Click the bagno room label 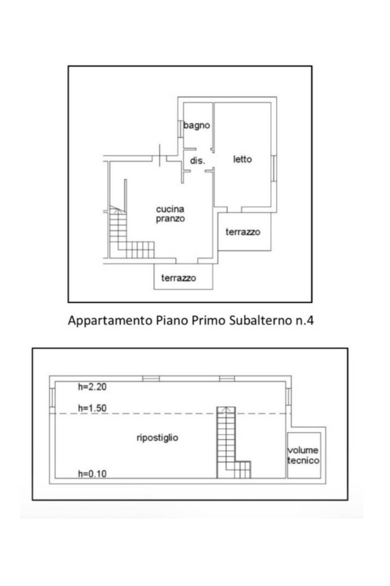click(196, 125)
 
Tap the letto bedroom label click(242, 159)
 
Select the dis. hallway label click(197, 161)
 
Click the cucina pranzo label click(170, 214)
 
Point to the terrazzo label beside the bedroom click(243, 232)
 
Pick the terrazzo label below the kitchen click(179, 278)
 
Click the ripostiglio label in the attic click(157, 438)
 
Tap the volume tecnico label click(303, 455)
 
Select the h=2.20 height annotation click(92, 387)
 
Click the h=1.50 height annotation click(92, 408)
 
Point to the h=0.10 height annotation click(92, 474)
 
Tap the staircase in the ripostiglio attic click(227, 447)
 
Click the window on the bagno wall click(180, 128)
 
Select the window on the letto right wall click(274, 168)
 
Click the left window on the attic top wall click(151, 379)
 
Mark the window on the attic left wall click(52, 398)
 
